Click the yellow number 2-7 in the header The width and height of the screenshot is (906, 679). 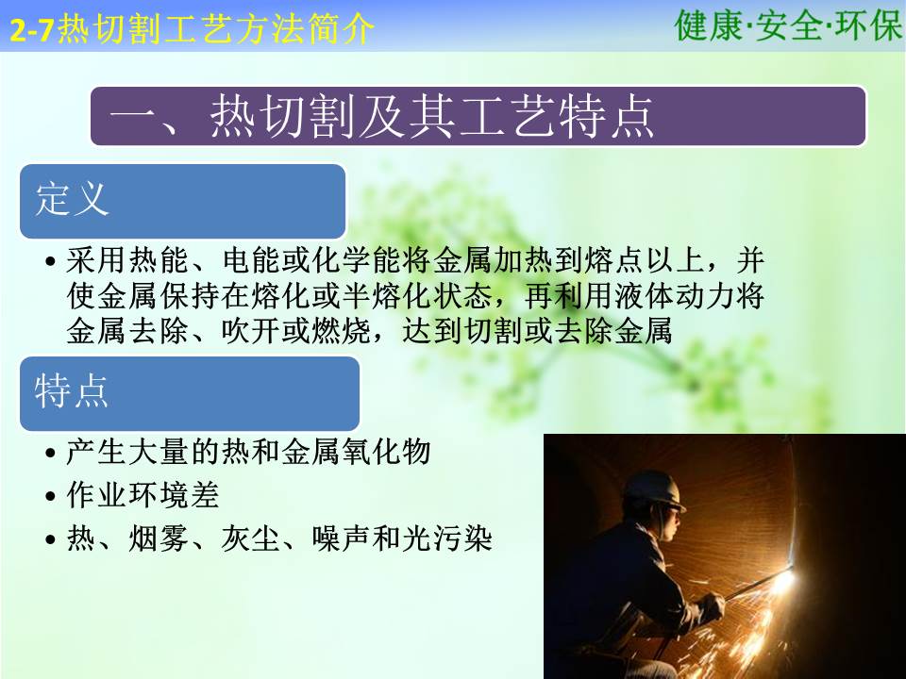(33, 30)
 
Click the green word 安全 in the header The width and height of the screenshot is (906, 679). (789, 25)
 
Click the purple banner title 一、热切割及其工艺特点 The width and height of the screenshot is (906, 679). (381, 116)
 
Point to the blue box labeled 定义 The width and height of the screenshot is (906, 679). (182, 201)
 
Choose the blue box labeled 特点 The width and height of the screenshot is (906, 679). (190, 393)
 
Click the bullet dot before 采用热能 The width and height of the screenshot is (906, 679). (51, 261)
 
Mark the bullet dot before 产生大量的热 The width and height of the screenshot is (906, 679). (51, 453)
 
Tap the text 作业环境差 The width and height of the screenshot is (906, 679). (143, 495)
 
